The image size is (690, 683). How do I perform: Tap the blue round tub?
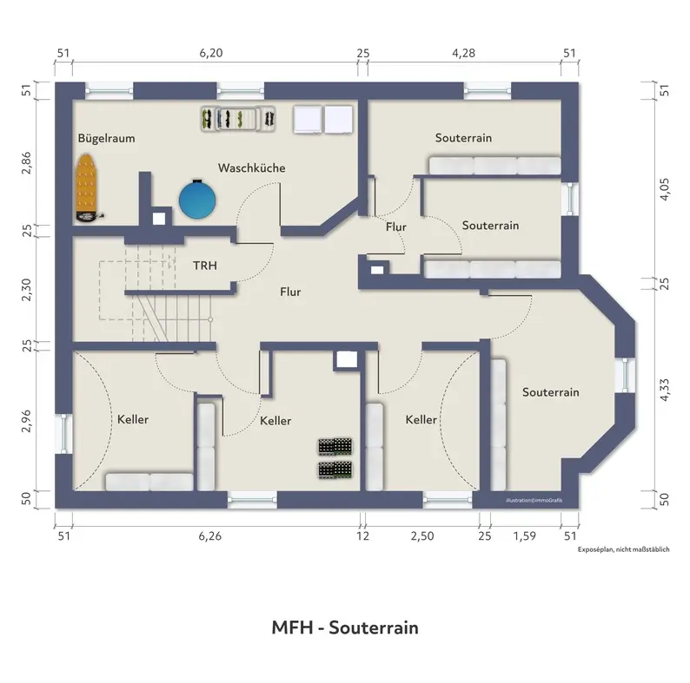[197, 200]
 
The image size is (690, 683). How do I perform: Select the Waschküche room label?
[252, 167]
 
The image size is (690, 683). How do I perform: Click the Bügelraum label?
[107, 139]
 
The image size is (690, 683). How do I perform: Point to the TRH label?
[205, 266]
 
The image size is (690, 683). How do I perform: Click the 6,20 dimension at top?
[211, 53]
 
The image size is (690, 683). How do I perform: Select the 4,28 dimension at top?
[464, 53]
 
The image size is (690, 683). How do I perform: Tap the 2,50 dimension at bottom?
[422, 535]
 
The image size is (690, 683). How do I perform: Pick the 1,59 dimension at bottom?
[525, 535]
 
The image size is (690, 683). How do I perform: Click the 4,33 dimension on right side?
[665, 390]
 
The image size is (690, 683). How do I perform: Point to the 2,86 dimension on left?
[26, 162]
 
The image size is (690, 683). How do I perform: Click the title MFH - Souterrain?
[345, 627]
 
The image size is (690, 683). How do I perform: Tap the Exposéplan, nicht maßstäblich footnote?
[624, 549]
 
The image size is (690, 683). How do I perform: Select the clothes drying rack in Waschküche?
[238, 119]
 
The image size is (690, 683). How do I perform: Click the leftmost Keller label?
[133, 419]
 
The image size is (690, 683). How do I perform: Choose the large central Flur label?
[290, 292]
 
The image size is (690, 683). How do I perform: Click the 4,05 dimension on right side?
[665, 189]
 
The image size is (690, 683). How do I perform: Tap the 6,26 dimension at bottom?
[210, 535]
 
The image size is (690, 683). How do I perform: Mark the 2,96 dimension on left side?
[26, 421]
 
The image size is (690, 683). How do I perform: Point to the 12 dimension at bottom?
[362, 535]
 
